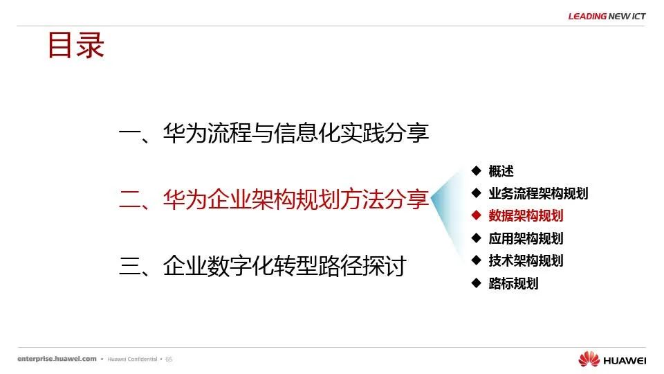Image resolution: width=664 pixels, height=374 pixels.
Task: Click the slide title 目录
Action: tap(76, 45)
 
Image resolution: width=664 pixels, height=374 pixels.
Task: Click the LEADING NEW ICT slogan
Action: tap(607, 16)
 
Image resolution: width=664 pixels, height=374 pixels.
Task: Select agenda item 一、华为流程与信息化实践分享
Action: tap(274, 133)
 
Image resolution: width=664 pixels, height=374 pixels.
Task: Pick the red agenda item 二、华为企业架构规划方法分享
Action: tap(274, 199)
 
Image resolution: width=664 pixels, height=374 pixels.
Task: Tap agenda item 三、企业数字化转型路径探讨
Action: tap(263, 266)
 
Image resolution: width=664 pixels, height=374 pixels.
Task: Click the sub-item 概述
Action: tap(501, 171)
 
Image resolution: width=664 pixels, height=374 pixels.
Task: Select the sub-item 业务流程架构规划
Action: tap(538, 193)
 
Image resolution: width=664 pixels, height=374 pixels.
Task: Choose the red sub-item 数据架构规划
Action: tap(526, 216)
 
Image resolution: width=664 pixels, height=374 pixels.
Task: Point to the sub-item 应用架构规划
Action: tap(526, 238)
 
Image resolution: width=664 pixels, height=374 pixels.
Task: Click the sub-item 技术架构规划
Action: tap(526, 260)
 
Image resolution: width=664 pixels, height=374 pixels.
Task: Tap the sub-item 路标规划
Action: tap(513, 283)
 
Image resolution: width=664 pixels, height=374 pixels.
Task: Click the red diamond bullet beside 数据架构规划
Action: tap(477, 215)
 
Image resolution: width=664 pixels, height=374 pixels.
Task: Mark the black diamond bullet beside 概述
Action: tap(477, 170)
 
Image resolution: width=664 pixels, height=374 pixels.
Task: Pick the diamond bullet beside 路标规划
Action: tap(477, 283)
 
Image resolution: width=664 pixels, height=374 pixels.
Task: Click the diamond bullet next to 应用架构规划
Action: tap(477, 238)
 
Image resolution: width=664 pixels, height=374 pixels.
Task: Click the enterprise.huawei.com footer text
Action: tap(57, 359)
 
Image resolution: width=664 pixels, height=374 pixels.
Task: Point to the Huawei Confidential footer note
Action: tap(132, 359)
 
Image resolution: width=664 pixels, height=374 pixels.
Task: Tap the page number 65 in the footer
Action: tap(169, 359)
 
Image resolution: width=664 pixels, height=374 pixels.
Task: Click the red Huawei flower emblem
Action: tap(589, 359)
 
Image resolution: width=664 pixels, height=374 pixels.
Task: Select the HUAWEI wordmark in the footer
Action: tap(625, 361)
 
